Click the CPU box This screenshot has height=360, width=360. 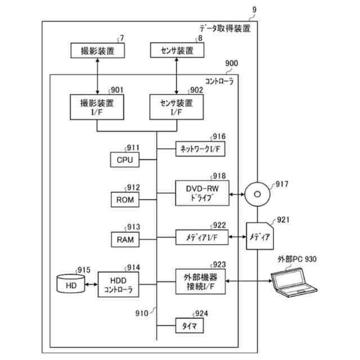[125, 160]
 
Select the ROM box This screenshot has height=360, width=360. [125, 200]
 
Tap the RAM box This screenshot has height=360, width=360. [125, 240]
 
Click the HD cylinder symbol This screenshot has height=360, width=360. [71, 283]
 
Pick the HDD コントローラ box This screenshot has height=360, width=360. [118, 285]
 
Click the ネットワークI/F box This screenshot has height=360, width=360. [200, 149]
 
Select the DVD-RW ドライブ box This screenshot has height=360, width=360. [202, 193]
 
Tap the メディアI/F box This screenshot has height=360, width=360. [202, 237]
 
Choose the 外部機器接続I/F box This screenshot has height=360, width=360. [200, 282]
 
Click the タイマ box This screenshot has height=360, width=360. [190, 326]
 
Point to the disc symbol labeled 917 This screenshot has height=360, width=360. [258, 194]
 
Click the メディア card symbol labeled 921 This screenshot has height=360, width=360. [260, 236]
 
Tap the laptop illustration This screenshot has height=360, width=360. [294, 282]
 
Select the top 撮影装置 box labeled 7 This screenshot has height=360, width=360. [97, 51]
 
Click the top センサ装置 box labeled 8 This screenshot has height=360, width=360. [177, 50]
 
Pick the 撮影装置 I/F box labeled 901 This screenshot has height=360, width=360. [97, 107]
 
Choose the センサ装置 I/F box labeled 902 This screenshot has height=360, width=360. [176, 107]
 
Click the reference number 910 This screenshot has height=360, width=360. [142, 313]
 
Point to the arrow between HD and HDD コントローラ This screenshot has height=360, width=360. [91, 285]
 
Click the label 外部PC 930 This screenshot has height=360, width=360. [297, 259]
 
